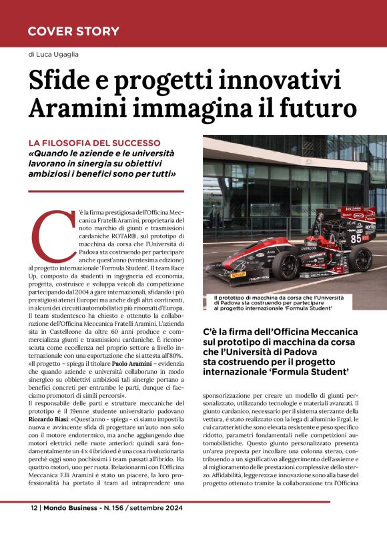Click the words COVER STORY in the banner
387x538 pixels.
73,31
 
